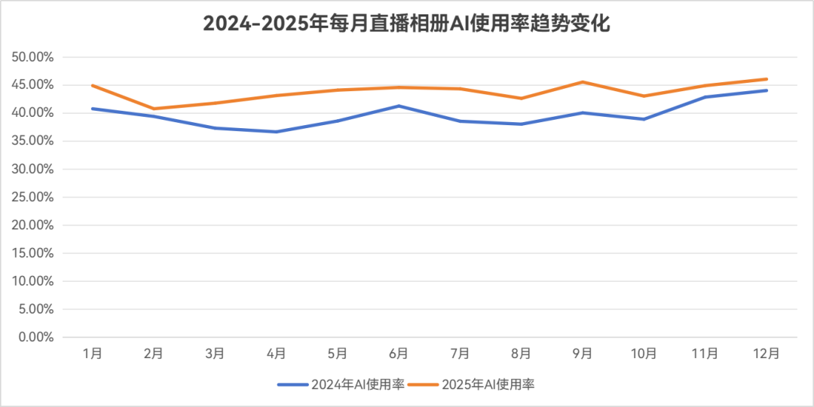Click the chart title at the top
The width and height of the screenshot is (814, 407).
406,23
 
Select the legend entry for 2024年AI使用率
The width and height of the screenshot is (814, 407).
341,384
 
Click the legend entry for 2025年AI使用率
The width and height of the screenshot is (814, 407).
473,384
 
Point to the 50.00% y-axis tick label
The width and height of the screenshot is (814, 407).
32,57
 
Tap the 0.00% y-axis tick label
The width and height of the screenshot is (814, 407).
35,338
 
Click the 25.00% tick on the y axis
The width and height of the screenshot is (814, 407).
32,197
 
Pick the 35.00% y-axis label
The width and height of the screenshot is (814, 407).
32,141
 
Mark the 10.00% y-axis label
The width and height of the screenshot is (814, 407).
32,281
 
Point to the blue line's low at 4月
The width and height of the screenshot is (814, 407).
277,131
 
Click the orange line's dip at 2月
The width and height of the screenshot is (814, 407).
154,109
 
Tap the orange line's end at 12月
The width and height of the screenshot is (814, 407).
767,78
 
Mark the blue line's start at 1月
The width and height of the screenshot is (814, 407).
93,109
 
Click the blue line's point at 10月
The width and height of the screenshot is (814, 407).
644,119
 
